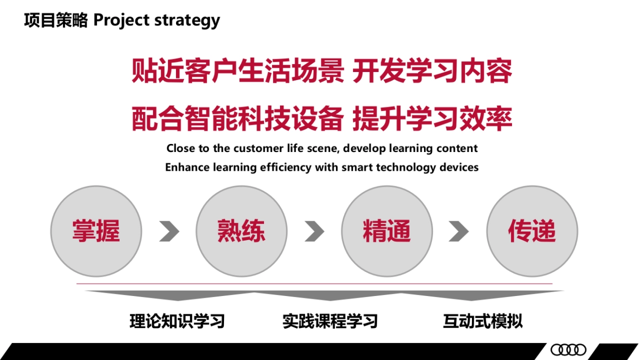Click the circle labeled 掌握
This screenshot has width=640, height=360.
pyautogui.click(x=96, y=231)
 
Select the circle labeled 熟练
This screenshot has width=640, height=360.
pyautogui.click(x=242, y=231)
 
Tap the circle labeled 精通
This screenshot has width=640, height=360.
pyautogui.click(x=387, y=231)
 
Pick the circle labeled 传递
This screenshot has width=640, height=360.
pyautogui.click(x=532, y=231)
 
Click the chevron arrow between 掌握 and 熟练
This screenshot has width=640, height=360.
pyautogui.click(x=169, y=231)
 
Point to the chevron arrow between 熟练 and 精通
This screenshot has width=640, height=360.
pyautogui.click(x=315, y=231)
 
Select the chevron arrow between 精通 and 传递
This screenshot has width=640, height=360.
pyautogui.click(x=459, y=231)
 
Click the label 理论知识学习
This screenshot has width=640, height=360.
pyautogui.click(x=177, y=321)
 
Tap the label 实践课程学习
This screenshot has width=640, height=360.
pyautogui.click(x=330, y=321)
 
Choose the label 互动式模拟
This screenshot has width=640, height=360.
pyautogui.click(x=483, y=321)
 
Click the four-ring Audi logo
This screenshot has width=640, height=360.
pyautogui.click(x=569, y=350)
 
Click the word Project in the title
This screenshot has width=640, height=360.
pyautogui.click(x=122, y=21)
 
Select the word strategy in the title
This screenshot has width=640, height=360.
pyautogui.click(x=187, y=21)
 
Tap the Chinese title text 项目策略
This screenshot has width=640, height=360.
pyautogui.click(x=56, y=20)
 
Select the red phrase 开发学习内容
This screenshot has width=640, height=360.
pyautogui.click(x=433, y=71)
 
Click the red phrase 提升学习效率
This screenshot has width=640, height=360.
pyautogui.click(x=433, y=118)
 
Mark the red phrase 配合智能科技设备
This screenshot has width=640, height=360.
pyautogui.click(x=237, y=118)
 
